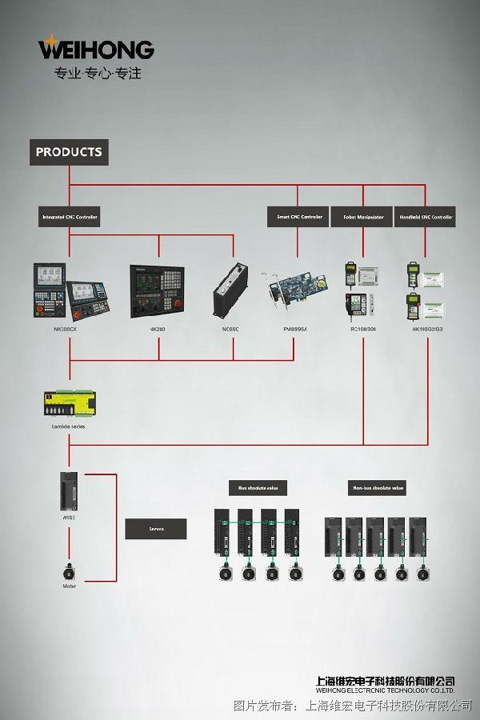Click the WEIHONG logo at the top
click(96, 49)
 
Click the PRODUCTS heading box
click(69, 152)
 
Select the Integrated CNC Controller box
click(70, 217)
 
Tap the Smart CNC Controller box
click(298, 217)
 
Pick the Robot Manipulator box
click(362, 217)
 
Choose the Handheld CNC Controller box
click(425, 217)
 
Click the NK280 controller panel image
click(157, 291)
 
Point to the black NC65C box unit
click(233, 291)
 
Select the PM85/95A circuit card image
click(294, 293)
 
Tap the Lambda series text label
click(68, 426)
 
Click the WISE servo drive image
click(69, 490)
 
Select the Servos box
click(156, 529)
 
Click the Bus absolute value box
click(258, 487)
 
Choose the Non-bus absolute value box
click(378, 487)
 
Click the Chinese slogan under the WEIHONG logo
click(97, 74)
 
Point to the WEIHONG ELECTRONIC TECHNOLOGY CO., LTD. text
click(386, 690)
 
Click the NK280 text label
click(157, 329)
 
